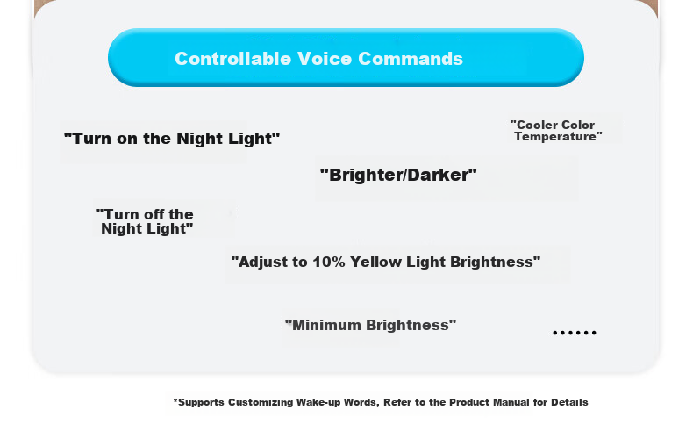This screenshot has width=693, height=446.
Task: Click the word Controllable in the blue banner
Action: click(x=233, y=59)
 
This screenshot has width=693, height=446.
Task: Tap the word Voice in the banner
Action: click(x=325, y=59)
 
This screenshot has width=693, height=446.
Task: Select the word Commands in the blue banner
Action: click(x=411, y=59)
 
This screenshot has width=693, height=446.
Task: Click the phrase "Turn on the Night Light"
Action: click(x=172, y=139)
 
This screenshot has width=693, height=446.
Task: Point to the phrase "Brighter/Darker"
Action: click(x=398, y=176)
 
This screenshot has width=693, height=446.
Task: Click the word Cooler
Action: click(x=534, y=126)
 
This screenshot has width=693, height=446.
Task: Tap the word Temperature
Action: click(x=558, y=137)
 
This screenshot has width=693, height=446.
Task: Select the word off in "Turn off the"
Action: click(x=154, y=214)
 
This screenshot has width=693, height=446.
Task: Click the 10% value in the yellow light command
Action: click(x=329, y=262)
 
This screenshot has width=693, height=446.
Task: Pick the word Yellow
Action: click(x=375, y=262)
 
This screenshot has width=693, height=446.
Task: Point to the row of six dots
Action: click(x=575, y=333)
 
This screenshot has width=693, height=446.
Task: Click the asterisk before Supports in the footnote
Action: click(x=175, y=401)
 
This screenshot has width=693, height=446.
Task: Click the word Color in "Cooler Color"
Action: click(x=578, y=126)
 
